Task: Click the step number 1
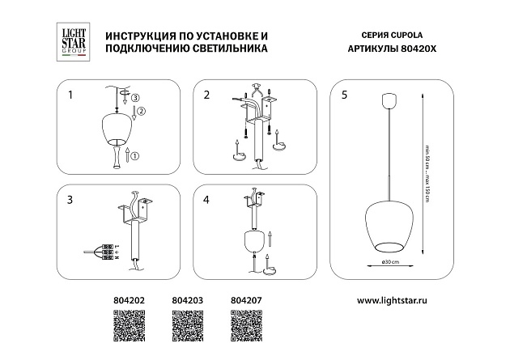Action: pos(70,95)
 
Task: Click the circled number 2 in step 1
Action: pos(140,111)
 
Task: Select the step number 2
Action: pos(206,95)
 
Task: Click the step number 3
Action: pos(70,199)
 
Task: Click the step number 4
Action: pos(206,199)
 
